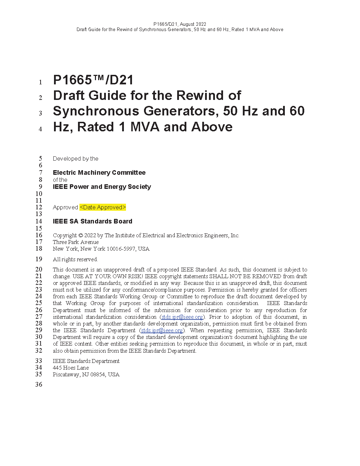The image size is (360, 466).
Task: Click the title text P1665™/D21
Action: coord(93,80)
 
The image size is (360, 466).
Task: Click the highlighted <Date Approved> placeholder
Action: coord(103,208)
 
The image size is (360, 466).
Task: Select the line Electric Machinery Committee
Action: coord(99,173)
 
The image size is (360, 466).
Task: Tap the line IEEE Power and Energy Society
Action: coord(102,187)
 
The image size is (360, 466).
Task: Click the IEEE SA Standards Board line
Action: coord(92,221)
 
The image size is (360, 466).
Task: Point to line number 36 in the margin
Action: coord(39,384)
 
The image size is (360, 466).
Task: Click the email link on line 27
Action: coord(182,317)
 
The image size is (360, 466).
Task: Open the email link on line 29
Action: coord(162,330)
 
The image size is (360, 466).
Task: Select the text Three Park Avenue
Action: coord(76,242)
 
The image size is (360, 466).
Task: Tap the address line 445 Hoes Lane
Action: coord(71,368)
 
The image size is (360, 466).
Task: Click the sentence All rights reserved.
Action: coord(75,259)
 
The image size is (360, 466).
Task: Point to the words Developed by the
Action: coord(76,159)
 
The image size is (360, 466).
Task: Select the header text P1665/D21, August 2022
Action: coord(180,24)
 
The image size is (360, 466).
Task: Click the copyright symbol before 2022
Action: coord(80,235)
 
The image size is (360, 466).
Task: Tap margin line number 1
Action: coord(41,82)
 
